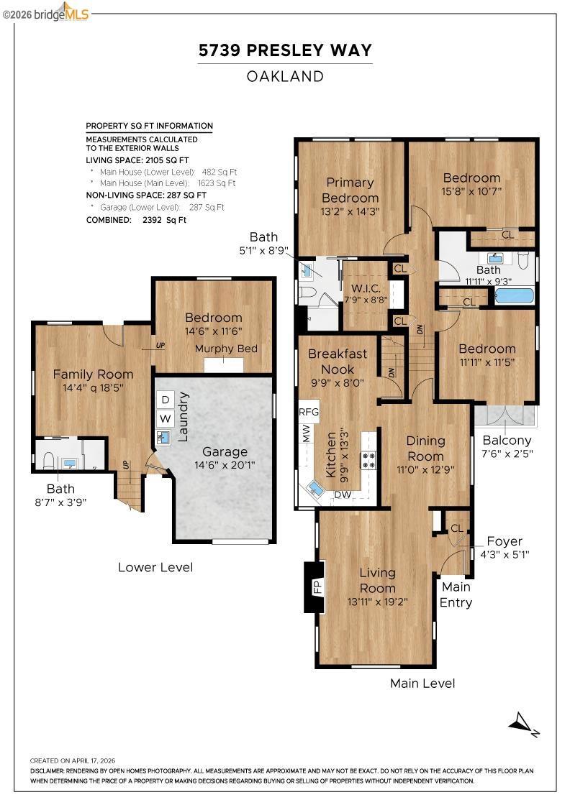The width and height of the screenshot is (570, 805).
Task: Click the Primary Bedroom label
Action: pos(350,190)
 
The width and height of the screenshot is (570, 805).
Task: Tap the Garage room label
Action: pos(225,452)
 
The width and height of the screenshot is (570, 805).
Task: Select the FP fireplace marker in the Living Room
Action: pos(317,586)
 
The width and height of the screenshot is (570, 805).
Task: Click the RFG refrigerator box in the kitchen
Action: pos(309,412)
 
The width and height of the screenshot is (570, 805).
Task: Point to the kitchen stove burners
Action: pos(368,459)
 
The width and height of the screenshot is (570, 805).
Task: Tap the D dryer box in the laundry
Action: pos(166,400)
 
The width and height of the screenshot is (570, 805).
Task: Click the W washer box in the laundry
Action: pos(165,418)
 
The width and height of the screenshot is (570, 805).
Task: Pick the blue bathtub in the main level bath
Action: pos(514,296)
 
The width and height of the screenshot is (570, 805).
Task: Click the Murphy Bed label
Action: pos(226,349)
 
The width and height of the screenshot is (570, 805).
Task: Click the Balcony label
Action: pos(507,441)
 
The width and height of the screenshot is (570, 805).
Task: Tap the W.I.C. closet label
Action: pos(366,288)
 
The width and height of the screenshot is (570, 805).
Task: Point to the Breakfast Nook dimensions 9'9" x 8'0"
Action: pos(338,382)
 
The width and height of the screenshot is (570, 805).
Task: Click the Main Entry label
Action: pos(456,594)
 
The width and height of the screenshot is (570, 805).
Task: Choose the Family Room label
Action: pos(93,374)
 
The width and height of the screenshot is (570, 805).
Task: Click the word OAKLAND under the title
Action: pos(285,76)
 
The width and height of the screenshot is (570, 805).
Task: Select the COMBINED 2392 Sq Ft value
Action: pos(165,220)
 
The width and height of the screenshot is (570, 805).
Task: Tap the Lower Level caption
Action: pos(155,567)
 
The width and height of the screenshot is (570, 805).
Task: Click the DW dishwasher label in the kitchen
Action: pos(343,495)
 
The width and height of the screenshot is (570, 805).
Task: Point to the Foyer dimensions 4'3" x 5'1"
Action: pos(505,554)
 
